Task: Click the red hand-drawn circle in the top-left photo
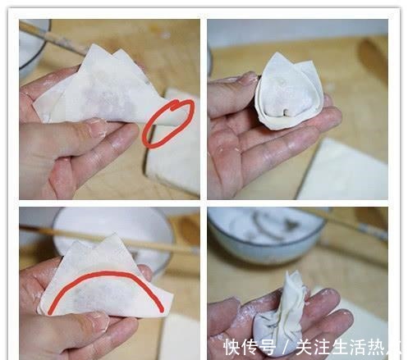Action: [168, 123]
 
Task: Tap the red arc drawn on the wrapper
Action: [106, 280]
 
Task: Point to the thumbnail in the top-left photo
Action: [95, 127]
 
